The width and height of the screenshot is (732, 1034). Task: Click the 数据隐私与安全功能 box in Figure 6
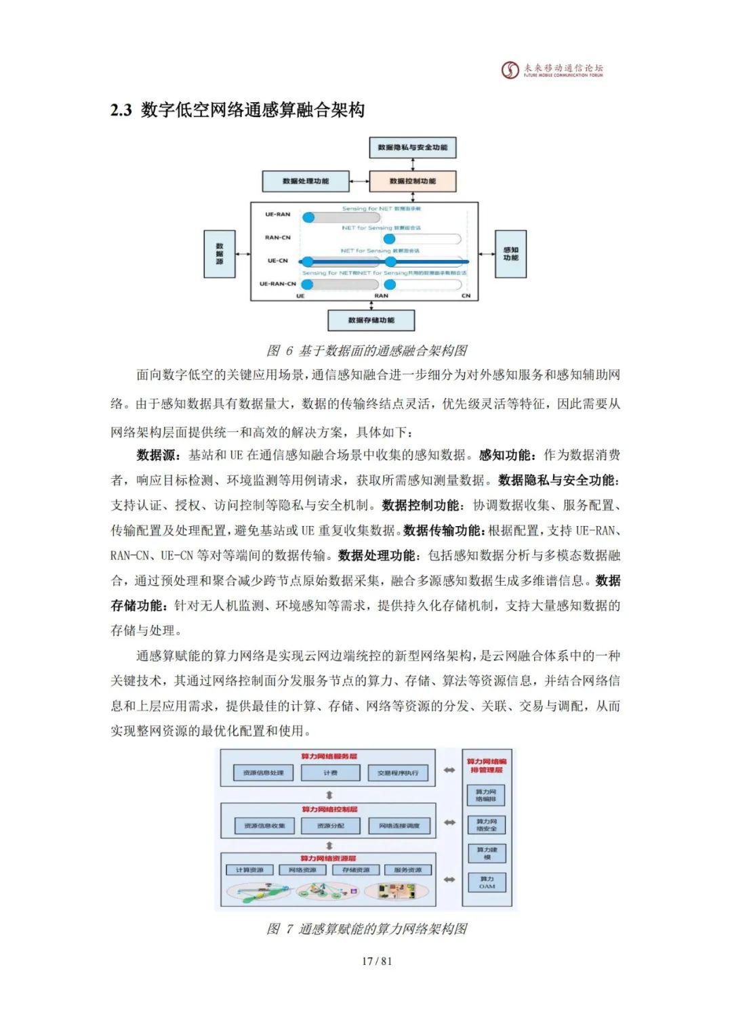(412, 148)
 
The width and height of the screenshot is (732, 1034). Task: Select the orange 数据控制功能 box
(412, 181)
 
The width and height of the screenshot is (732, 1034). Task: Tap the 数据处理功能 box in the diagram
(306, 181)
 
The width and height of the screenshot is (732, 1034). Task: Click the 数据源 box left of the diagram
(220, 254)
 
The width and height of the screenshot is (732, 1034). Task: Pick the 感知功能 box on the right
(510, 254)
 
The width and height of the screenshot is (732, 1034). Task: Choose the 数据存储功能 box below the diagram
(371, 320)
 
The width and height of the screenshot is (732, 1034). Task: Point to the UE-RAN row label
(277, 215)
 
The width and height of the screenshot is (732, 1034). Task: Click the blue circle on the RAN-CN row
(389, 239)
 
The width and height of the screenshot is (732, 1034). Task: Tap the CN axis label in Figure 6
(466, 296)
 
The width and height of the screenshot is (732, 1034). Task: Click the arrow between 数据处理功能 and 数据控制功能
(359, 181)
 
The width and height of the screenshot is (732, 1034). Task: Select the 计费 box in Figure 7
(330, 773)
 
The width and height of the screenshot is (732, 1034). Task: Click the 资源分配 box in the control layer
(330, 826)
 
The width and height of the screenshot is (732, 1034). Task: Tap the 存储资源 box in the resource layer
(356, 870)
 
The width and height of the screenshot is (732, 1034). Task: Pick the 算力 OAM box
(487, 882)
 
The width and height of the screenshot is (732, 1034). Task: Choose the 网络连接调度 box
(399, 826)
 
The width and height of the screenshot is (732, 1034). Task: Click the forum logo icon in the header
(510, 70)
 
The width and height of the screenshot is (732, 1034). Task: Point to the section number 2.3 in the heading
(121, 110)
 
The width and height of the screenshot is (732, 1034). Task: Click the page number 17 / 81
(377, 961)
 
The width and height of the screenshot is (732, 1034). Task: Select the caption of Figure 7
(367, 929)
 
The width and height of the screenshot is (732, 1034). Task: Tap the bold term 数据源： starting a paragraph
(159, 455)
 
